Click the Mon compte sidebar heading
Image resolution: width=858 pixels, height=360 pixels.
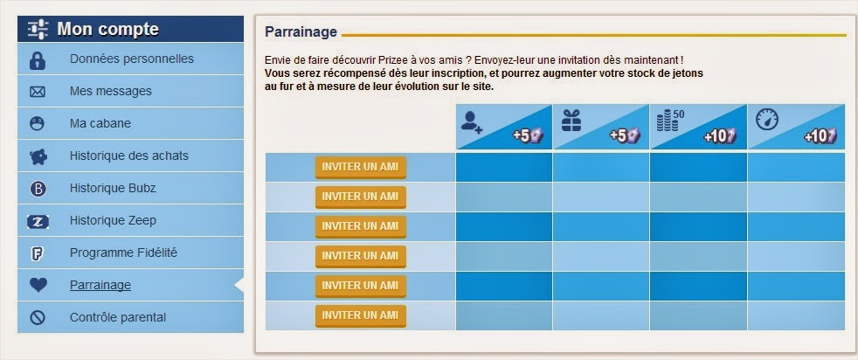tap(107, 29)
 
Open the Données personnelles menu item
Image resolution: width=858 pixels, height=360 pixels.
tap(131, 59)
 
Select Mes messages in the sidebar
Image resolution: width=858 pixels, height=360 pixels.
tap(110, 91)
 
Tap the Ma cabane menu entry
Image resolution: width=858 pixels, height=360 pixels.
tap(100, 123)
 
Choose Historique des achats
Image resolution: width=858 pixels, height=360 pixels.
tap(128, 156)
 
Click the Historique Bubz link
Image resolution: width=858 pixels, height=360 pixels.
tap(113, 188)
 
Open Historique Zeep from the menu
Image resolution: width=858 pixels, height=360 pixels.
tap(113, 220)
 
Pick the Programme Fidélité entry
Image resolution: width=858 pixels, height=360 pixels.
tap(123, 253)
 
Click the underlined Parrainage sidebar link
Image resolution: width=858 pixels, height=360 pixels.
tap(100, 285)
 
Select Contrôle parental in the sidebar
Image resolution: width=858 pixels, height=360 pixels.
tap(117, 317)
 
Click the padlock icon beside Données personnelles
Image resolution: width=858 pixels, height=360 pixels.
tap(38, 59)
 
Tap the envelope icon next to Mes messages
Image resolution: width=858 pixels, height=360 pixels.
tap(38, 92)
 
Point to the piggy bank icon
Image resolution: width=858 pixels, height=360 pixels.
tap(38, 156)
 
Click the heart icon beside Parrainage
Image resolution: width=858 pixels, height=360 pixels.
tap(38, 285)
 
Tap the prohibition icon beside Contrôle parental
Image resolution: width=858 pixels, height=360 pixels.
tap(38, 317)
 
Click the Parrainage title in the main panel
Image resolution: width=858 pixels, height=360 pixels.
tap(301, 31)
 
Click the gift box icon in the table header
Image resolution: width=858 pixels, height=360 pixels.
tap(571, 121)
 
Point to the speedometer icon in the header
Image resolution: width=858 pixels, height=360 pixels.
tap(765, 120)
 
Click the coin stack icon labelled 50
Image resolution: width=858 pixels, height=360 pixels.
tap(668, 121)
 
